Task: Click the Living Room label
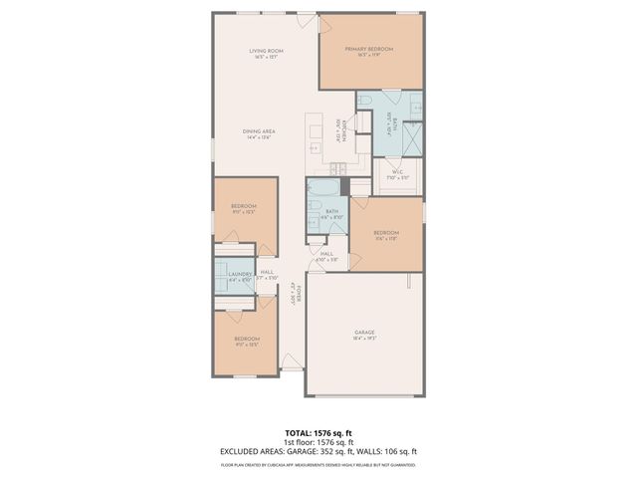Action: tap(267, 51)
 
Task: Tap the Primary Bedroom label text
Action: tap(369, 49)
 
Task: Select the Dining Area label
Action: tap(259, 130)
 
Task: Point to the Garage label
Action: tap(365, 332)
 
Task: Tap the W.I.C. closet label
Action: tap(397, 172)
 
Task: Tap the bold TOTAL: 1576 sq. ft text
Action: tap(318, 433)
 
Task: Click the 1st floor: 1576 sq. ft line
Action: tap(318, 442)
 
